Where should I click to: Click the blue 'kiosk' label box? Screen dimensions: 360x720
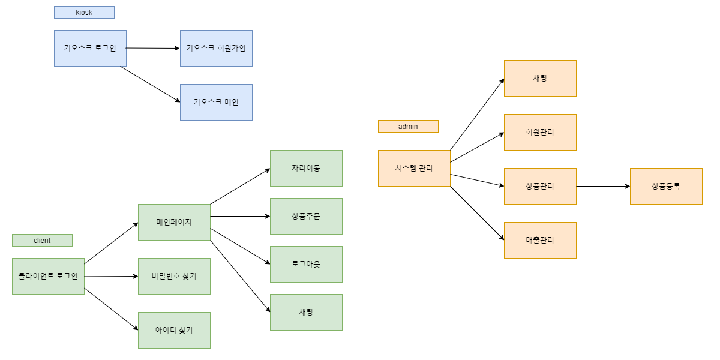click(x=84, y=12)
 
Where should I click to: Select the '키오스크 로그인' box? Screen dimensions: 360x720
click(x=90, y=48)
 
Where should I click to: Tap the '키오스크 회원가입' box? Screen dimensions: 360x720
click(x=216, y=48)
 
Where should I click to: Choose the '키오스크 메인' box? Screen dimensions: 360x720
click(x=216, y=102)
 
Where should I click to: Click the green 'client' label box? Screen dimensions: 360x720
click(x=42, y=240)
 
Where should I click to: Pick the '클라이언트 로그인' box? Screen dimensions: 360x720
click(x=48, y=276)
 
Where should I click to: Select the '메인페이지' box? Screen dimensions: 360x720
click(x=174, y=222)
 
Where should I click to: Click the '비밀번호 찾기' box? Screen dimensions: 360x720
click(x=174, y=276)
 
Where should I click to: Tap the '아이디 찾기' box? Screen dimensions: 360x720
click(x=174, y=330)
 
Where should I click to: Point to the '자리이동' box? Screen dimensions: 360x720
click(x=306, y=168)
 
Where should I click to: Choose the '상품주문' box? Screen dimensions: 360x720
click(x=306, y=216)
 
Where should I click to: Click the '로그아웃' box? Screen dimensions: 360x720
click(x=306, y=264)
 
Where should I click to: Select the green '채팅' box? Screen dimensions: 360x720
click(x=306, y=312)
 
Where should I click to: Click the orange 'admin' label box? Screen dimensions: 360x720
click(x=408, y=126)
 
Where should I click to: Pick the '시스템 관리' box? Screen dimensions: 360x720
click(x=414, y=168)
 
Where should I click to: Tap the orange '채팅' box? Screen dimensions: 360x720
click(x=540, y=78)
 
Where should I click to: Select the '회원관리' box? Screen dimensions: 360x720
click(x=540, y=132)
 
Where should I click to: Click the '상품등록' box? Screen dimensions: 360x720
click(x=666, y=186)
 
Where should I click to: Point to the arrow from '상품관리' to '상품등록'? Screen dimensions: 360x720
click(x=603, y=186)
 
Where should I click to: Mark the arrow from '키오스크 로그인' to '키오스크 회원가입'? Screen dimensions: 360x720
click(x=153, y=48)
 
